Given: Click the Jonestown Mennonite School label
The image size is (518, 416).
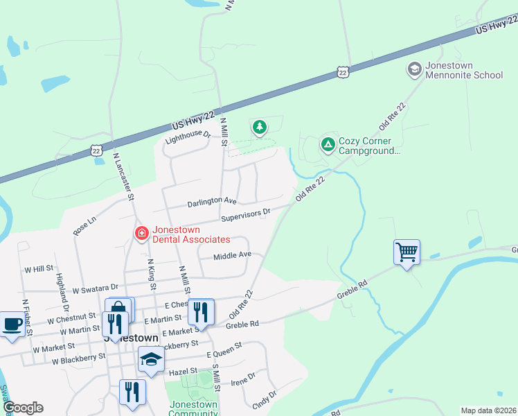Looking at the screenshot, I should (x=463, y=70).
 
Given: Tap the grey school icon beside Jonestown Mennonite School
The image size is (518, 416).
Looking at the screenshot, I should (x=414, y=69).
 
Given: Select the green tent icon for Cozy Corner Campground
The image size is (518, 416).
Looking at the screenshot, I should (x=328, y=145).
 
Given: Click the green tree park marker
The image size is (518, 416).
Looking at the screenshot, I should (x=260, y=127).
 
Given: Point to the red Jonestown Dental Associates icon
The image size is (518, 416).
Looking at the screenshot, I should (x=142, y=234).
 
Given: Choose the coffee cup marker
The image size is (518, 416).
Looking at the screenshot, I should (x=12, y=324).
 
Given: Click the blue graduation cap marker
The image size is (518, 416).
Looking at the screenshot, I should (x=151, y=360).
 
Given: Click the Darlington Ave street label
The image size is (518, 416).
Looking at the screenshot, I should (x=212, y=201).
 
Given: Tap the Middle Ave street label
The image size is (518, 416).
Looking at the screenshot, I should (x=232, y=255).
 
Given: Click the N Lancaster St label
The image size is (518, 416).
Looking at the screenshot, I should (x=124, y=177).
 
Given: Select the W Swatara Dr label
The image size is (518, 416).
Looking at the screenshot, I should (x=96, y=286).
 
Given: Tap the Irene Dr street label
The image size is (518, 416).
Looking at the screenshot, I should (x=243, y=379).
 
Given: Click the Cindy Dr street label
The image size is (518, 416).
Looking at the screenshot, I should (x=265, y=398).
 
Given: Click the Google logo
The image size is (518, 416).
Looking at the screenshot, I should (x=24, y=408).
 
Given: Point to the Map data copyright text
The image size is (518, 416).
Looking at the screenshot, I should (x=488, y=410).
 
